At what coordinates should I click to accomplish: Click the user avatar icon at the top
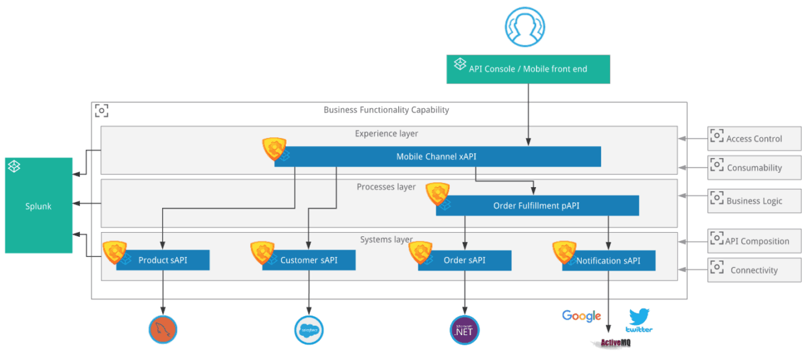click(x=525, y=27)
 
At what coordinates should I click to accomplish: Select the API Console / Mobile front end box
click(x=528, y=69)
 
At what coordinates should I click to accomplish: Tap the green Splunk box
click(x=38, y=205)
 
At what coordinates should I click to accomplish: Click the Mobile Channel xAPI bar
click(x=437, y=157)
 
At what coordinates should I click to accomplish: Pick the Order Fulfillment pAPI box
click(x=537, y=206)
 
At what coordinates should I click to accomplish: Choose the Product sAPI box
click(x=163, y=260)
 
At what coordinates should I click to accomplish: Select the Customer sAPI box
click(x=309, y=260)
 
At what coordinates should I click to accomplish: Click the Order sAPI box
click(x=465, y=260)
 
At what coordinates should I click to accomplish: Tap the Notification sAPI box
click(x=609, y=260)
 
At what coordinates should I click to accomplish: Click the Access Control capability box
click(x=754, y=139)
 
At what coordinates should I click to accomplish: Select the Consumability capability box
click(x=754, y=168)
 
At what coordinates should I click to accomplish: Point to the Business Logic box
click(x=754, y=201)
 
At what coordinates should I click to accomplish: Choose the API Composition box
click(x=754, y=241)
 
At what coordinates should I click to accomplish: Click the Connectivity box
click(x=754, y=270)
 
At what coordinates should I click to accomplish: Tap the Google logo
click(x=581, y=316)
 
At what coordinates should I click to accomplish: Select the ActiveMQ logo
click(x=611, y=343)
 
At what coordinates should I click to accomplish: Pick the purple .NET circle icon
click(x=465, y=330)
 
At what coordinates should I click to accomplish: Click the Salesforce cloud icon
click(x=309, y=330)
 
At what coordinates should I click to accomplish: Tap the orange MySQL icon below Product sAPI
click(x=163, y=329)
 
